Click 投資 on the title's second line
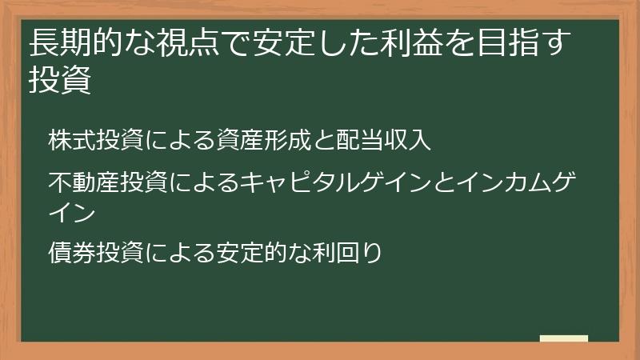[x=60, y=81]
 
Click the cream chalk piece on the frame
[x=564, y=338]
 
